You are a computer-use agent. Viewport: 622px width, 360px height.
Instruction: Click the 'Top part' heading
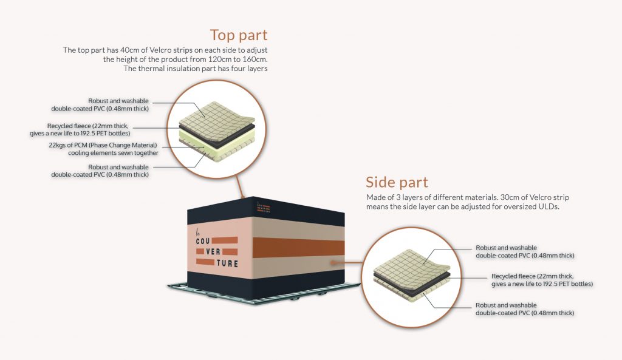(x=239, y=35)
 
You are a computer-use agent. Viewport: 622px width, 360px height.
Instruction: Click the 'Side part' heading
(x=397, y=182)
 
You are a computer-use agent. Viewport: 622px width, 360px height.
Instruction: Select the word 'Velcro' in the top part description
(x=161, y=50)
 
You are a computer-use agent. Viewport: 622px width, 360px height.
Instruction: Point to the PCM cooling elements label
(x=103, y=149)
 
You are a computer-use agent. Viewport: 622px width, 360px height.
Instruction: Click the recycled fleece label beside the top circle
(x=80, y=130)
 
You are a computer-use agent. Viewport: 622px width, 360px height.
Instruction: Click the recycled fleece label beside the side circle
(x=542, y=280)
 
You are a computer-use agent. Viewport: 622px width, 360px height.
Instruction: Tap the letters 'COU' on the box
(x=203, y=241)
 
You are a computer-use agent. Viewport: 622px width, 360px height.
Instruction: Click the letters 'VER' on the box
(x=213, y=252)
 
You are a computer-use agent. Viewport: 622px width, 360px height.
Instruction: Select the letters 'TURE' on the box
(x=227, y=263)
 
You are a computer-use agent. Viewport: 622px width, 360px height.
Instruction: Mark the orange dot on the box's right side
(x=333, y=262)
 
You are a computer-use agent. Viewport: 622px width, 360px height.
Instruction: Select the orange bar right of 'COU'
(x=225, y=240)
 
